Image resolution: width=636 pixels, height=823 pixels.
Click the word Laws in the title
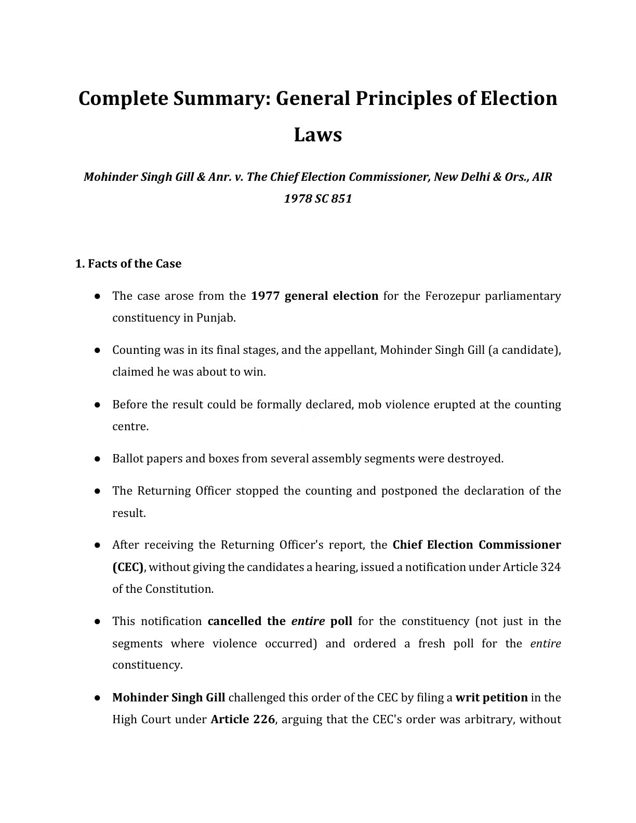coord(317,135)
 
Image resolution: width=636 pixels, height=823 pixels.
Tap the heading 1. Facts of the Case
coord(128,263)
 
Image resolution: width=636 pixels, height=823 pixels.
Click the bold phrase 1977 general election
coord(314,296)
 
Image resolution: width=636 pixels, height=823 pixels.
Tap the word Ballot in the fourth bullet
coord(127,459)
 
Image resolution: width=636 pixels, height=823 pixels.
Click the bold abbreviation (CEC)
coord(128,567)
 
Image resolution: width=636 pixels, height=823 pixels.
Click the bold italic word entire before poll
coord(308,621)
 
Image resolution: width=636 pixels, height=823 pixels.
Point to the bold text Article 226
coord(242,720)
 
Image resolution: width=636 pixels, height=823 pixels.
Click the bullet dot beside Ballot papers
coord(97,459)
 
